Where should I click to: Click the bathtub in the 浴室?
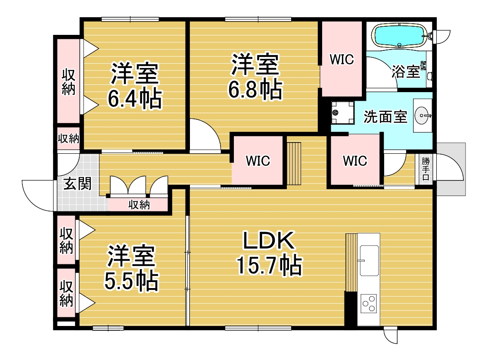(399, 36)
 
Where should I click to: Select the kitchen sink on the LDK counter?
(369, 261)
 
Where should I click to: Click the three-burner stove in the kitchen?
(369, 303)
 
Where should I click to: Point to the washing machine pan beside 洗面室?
(343, 112)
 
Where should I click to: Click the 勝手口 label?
(426, 169)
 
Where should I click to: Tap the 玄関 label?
(78, 183)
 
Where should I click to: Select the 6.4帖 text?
(135, 99)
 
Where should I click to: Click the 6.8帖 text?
(255, 90)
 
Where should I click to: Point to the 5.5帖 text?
(131, 281)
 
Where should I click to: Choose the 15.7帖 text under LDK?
(269, 265)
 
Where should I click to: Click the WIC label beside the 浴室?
(342, 59)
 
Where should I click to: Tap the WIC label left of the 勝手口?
(355, 161)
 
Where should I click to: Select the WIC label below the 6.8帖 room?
(258, 161)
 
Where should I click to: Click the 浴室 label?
(406, 71)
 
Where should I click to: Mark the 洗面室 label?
(385, 117)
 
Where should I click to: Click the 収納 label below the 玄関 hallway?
(139, 205)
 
